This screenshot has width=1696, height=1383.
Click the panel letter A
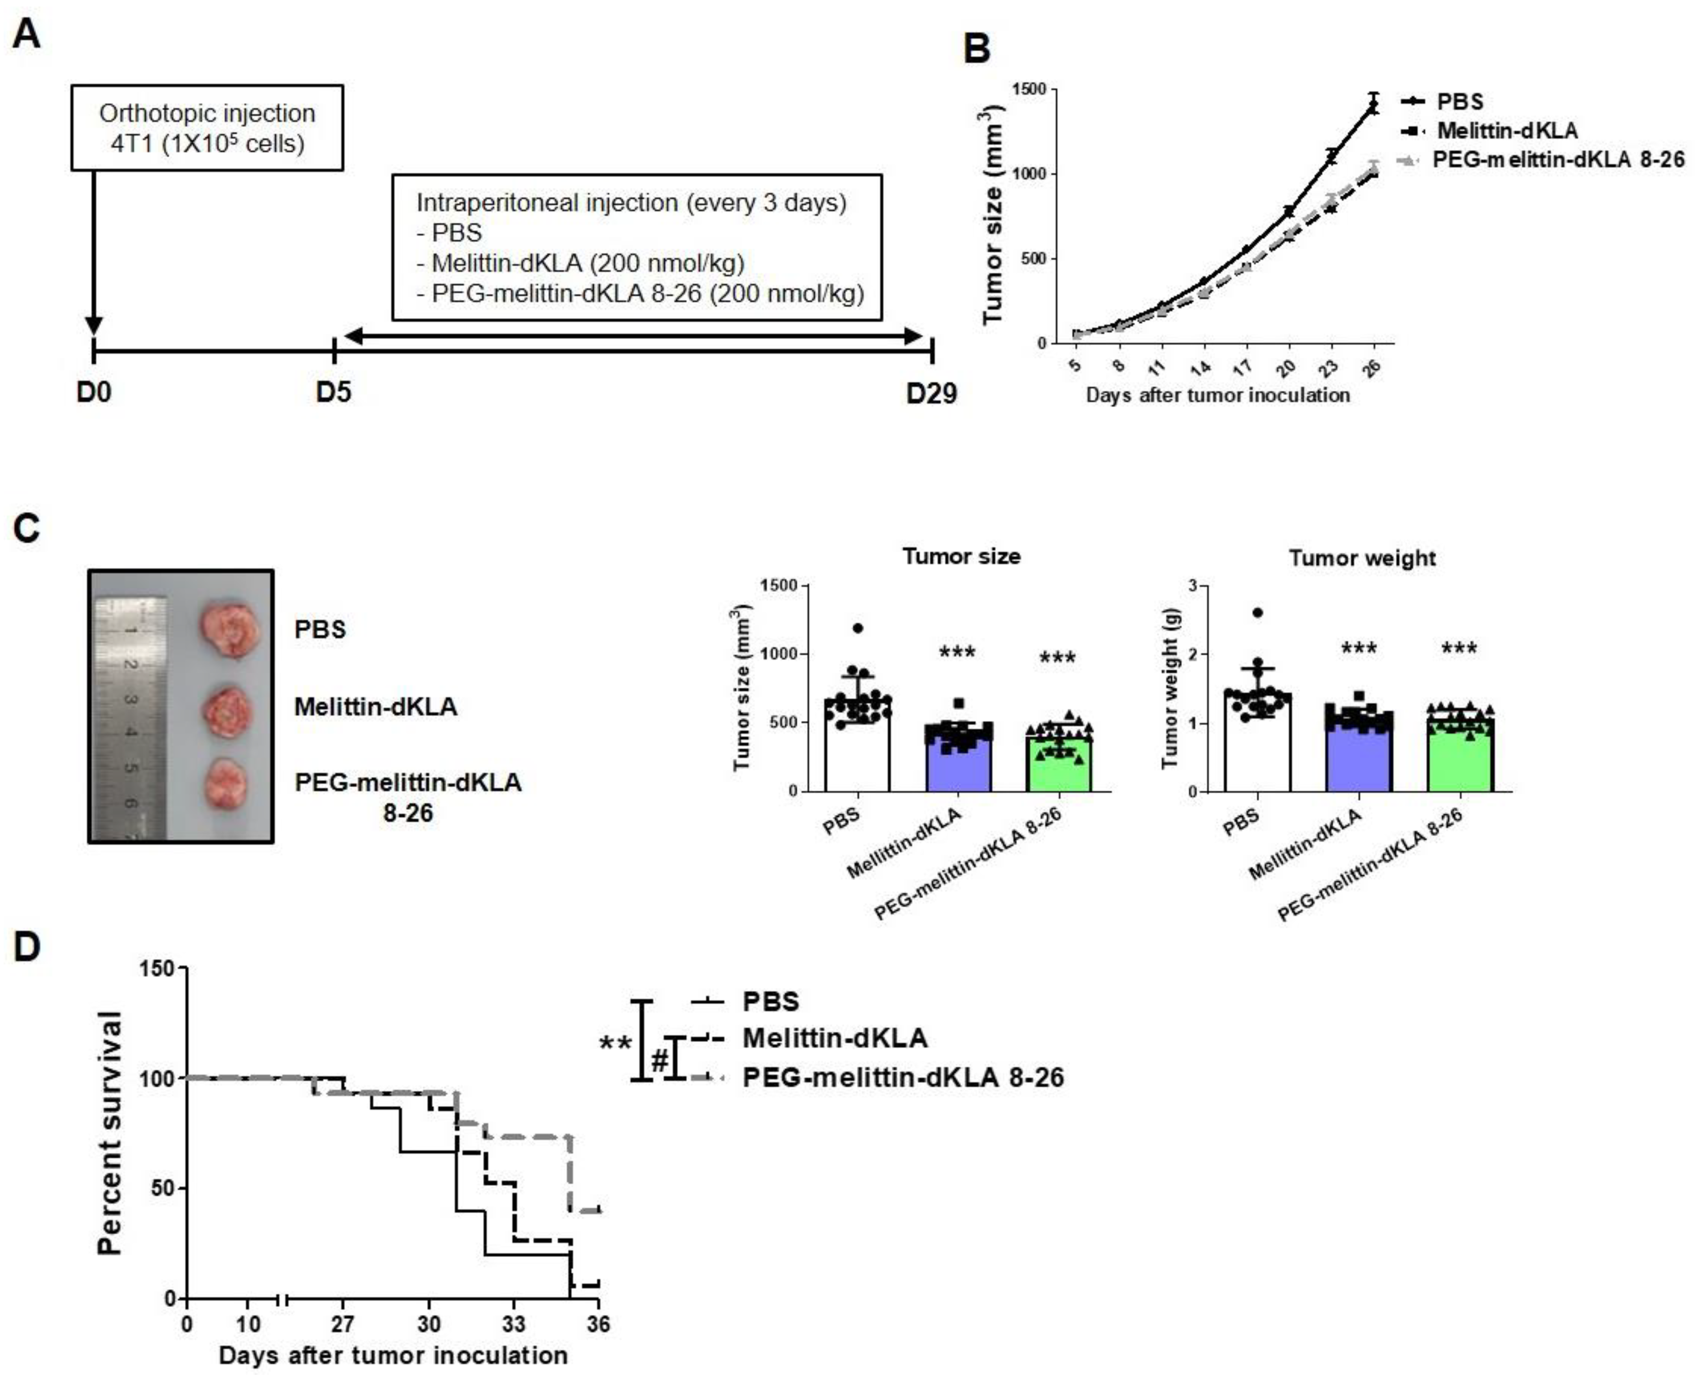(x=26, y=36)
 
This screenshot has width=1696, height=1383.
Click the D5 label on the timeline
(x=333, y=393)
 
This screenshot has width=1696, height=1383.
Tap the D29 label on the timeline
(x=931, y=393)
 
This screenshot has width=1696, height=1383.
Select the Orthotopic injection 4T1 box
(x=207, y=128)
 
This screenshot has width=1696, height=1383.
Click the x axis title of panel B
(x=1217, y=395)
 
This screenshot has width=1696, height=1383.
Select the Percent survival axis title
(x=110, y=1132)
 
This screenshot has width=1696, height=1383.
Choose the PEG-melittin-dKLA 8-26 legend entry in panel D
(x=902, y=1078)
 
